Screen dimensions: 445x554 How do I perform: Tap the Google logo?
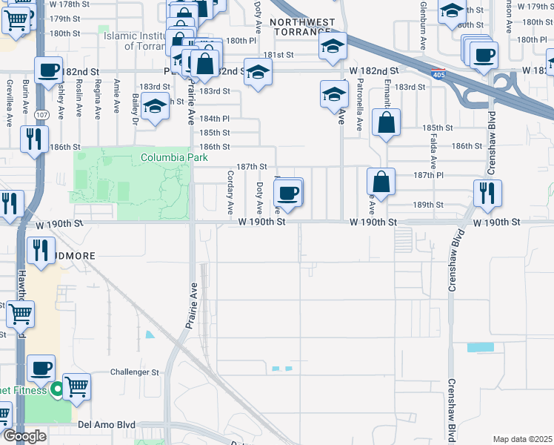(x=24, y=436)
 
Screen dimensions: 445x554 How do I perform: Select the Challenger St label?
(x=135, y=372)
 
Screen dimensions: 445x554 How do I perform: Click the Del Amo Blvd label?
(x=107, y=425)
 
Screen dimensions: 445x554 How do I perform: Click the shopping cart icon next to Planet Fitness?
(x=76, y=386)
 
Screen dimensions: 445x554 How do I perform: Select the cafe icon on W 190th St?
(x=287, y=193)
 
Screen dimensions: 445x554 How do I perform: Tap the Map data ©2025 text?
(x=522, y=439)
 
